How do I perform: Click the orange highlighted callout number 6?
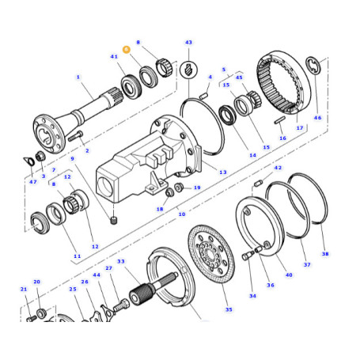pos(127,49)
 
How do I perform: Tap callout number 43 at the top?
pos(188,43)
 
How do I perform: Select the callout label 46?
pos(317,118)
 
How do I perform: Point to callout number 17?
pos(300,128)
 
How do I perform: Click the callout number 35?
pos(229,309)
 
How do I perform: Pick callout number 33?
pos(121,261)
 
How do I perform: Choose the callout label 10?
pos(182,214)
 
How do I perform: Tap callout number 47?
pos(33,182)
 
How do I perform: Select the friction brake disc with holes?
pos(211,254)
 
